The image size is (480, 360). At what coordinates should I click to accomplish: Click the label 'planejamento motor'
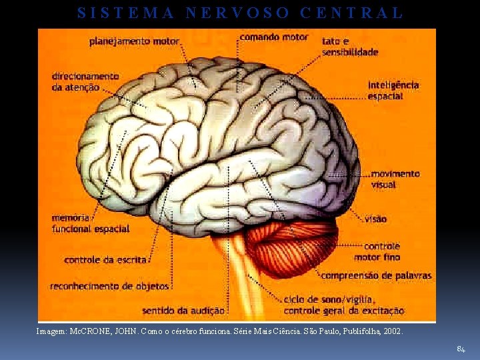tap(134, 41)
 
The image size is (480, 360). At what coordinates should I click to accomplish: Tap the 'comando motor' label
tap(273, 37)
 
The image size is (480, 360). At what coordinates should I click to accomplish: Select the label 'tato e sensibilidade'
tap(349, 46)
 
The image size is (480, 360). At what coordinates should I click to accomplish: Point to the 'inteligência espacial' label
tap(393, 90)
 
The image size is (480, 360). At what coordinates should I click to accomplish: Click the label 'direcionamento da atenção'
tap(85, 81)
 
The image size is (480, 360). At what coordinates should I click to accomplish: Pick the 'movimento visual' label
tap(395, 179)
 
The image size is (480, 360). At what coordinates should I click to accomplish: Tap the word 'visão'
tap(375, 219)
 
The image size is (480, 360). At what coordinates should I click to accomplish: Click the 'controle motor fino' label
tap(377, 251)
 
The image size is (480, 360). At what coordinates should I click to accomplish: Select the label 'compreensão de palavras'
tap(377, 275)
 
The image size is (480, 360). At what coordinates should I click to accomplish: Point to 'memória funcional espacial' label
tap(90, 223)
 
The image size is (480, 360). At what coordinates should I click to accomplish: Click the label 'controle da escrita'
tap(105, 260)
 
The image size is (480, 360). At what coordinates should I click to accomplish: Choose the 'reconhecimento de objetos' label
tap(109, 286)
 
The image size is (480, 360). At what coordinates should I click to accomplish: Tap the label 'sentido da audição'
tap(183, 310)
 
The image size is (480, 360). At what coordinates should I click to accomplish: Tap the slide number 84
tap(461, 349)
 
